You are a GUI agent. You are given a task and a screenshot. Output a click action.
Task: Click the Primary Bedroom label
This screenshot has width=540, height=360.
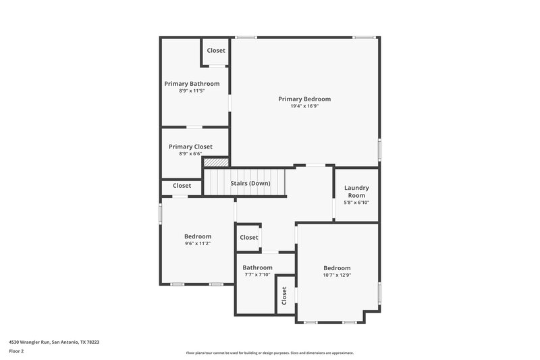304,99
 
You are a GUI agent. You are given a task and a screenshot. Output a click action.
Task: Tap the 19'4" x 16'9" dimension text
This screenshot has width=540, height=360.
304,106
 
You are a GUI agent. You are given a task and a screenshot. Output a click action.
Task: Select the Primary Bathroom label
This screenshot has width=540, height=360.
192,84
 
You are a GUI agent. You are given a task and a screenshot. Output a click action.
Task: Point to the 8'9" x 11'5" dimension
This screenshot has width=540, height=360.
192,91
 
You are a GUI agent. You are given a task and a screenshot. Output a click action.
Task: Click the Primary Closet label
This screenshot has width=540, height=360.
190,147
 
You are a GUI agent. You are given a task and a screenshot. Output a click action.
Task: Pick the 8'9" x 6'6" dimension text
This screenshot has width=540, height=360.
190,154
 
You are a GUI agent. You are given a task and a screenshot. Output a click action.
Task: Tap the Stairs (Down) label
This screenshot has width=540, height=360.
250,184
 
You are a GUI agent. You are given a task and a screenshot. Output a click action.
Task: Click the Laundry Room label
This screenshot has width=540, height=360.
356,191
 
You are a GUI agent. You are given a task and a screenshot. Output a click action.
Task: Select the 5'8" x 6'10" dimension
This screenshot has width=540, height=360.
356,203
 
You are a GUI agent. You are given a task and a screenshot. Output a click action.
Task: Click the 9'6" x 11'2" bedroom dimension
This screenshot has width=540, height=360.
198,244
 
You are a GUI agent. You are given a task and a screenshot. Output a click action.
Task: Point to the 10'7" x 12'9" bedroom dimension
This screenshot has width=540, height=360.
337,275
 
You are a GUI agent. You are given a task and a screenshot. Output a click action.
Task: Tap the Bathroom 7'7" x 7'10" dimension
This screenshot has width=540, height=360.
258,274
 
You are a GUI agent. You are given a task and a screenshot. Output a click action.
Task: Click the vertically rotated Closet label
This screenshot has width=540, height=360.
284,294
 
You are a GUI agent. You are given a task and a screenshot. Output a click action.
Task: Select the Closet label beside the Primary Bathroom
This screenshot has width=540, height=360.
216,51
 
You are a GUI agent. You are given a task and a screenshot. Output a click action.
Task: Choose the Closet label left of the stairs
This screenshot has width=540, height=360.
182,186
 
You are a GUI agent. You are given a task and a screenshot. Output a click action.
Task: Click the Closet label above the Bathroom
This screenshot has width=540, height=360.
249,238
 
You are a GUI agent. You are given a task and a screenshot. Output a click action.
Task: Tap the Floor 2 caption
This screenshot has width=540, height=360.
16,351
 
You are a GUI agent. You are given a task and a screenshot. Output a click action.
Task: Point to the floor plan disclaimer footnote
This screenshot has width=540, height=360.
270,353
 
